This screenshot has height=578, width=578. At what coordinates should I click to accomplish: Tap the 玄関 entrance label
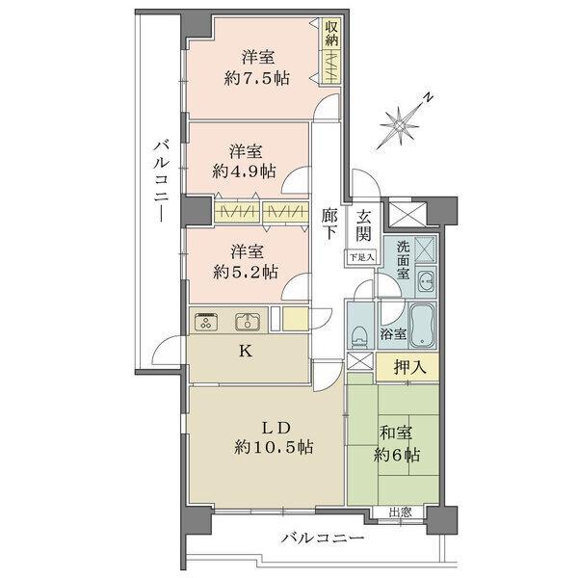363,225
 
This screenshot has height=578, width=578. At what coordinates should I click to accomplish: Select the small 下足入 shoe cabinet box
361,257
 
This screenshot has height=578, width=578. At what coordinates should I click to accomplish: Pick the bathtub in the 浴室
421,319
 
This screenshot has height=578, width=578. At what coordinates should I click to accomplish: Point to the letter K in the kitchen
246,352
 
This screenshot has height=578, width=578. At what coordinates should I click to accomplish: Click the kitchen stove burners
205,323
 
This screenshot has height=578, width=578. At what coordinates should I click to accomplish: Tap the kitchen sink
246,322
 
